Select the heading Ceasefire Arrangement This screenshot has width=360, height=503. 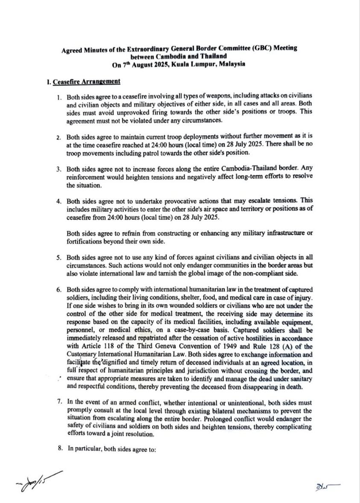[x=86, y=81]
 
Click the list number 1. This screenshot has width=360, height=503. [x=59, y=98]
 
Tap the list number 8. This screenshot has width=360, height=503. [x=59, y=443]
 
